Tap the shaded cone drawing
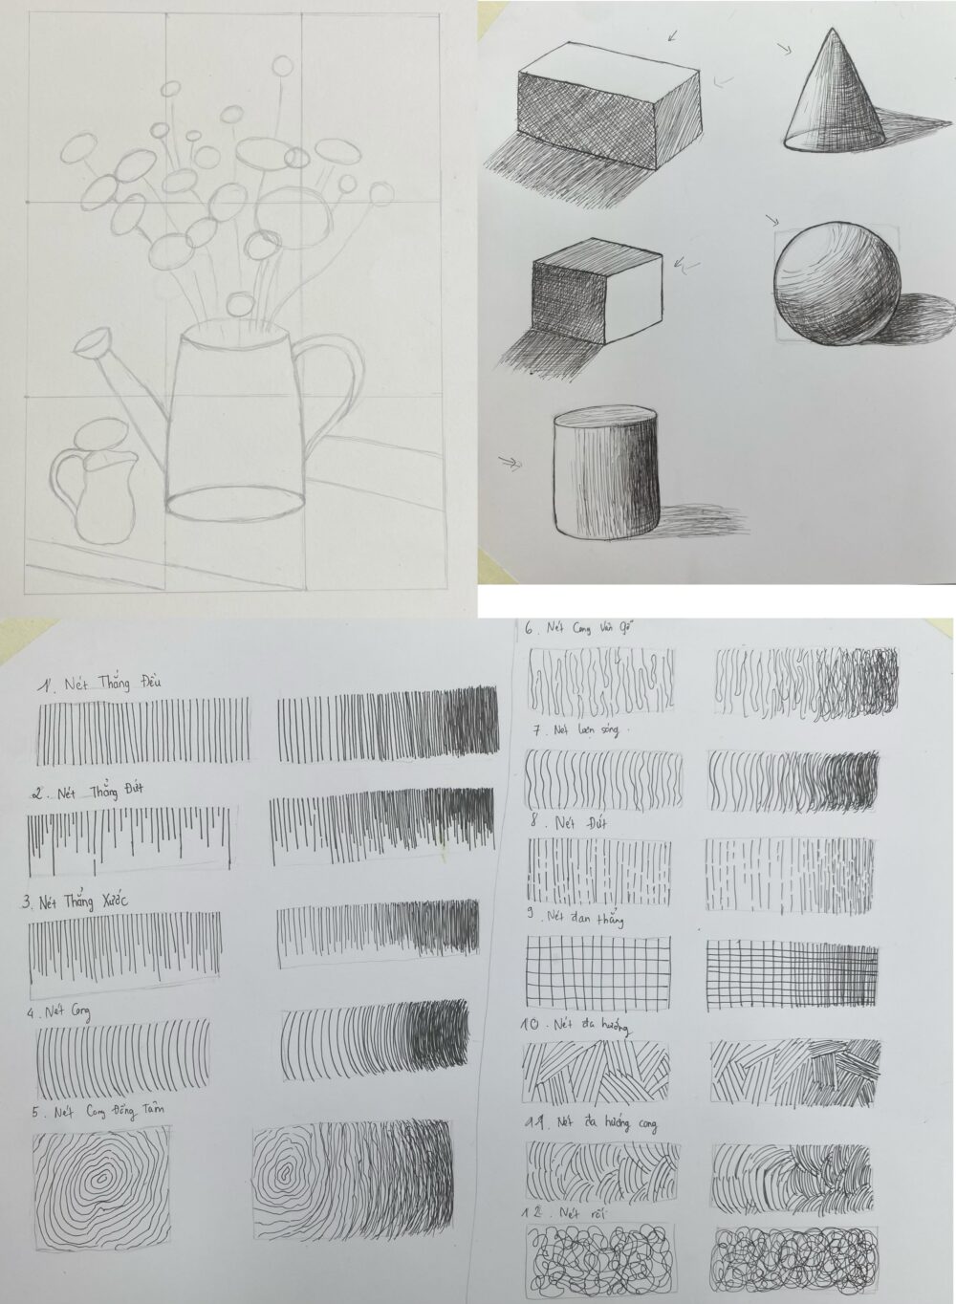pos(831,96)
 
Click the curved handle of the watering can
pos(335,382)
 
